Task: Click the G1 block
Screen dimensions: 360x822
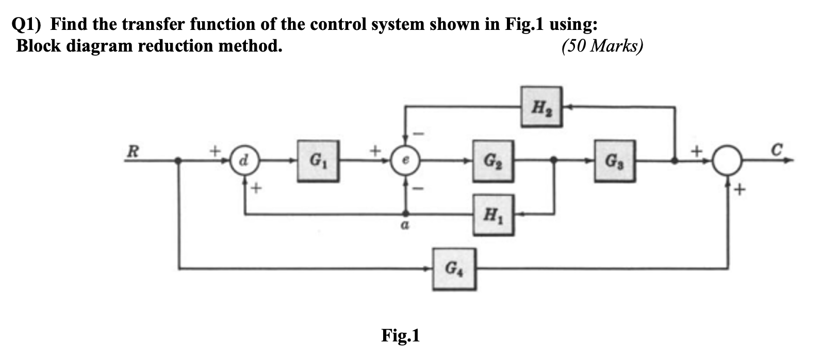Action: [x=318, y=161]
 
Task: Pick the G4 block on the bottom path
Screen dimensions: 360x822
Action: [x=454, y=268]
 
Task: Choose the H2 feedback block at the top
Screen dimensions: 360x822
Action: [x=541, y=107]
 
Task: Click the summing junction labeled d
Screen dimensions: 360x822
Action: [x=243, y=161]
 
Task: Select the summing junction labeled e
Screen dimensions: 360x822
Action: [x=406, y=161]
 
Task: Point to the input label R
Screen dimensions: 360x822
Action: [x=133, y=152]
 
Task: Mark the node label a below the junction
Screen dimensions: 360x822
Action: [x=406, y=225]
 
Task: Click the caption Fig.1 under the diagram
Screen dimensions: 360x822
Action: [x=401, y=336]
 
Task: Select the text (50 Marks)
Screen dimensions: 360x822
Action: [x=602, y=46]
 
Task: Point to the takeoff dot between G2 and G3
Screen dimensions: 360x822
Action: [x=554, y=161]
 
